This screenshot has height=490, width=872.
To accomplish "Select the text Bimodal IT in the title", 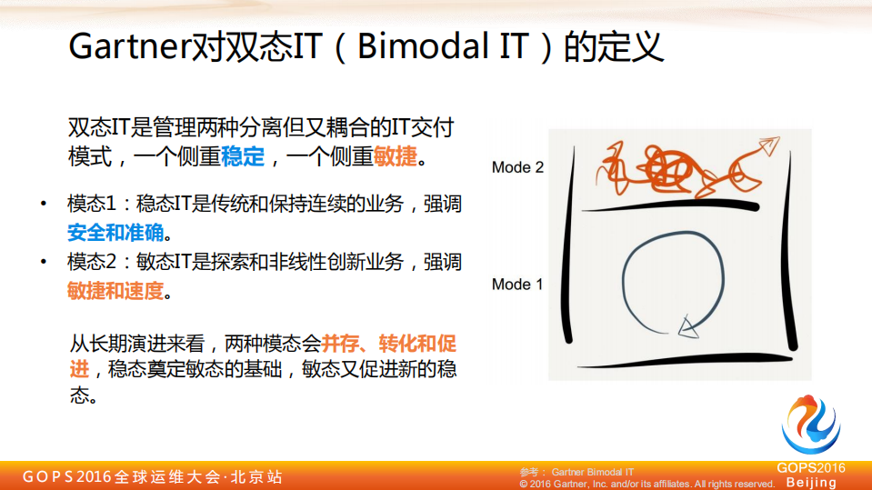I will point(442,46).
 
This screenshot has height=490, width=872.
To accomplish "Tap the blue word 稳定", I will point(242,156).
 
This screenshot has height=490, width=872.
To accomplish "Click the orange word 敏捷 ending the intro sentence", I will point(396,156).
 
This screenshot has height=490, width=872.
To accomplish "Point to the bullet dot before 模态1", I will point(43,204).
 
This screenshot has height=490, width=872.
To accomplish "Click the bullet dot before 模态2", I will point(43,263).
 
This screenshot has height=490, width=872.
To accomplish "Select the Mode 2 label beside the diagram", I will point(517,167).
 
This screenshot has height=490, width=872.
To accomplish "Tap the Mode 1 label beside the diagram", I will point(517,285).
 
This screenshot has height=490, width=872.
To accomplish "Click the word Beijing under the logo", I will point(811,482).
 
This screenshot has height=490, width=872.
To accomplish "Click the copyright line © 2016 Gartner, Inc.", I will point(646,484).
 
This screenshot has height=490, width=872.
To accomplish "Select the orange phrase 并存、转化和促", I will point(388,344).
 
